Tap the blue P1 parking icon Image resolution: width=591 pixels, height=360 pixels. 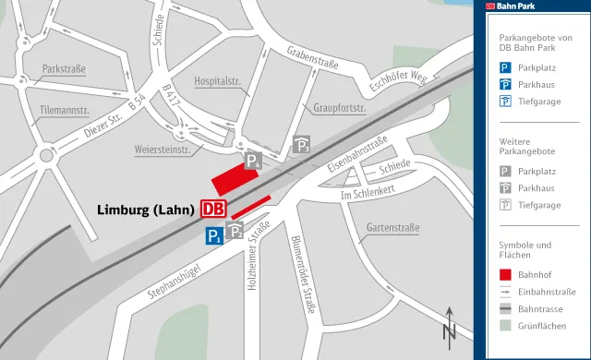tap(214, 236)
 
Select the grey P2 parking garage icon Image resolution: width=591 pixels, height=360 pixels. tap(235, 231)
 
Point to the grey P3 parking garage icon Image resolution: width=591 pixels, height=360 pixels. tap(302, 144)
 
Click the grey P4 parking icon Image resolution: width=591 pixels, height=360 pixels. tap(251, 162)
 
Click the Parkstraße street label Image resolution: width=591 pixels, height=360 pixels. tap(65, 69)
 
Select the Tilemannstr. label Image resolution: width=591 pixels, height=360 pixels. tap(65, 111)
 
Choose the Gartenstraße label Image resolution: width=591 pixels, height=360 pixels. tap(393, 226)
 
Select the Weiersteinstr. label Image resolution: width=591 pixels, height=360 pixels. tap(162, 150)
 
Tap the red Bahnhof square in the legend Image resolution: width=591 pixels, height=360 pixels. tap(505, 274)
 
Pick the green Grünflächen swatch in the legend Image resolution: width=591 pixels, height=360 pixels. tap(505, 326)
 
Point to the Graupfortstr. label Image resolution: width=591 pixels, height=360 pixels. tap(340, 108)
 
